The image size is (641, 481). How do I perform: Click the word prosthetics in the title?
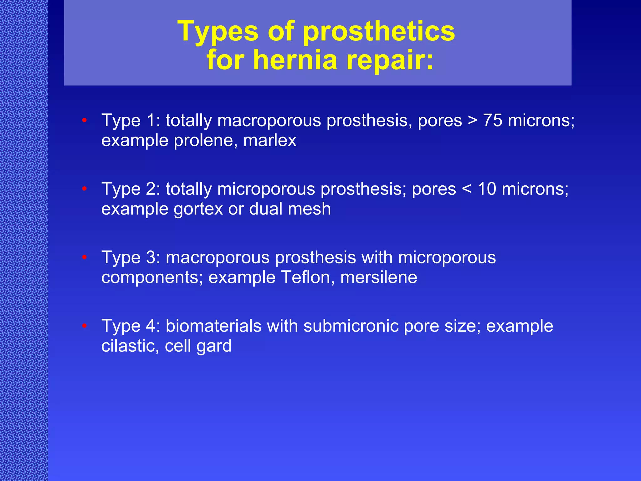pyautogui.click(x=379, y=32)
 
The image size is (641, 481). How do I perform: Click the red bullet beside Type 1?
pyautogui.click(x=84, y=120)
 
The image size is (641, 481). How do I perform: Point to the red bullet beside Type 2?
pyautogui.click(x=84, y=189)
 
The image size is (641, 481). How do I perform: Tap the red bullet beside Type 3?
pyautogui.click(x=84, y=257)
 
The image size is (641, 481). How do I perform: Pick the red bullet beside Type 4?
pyautogui.click(x=84, y=326)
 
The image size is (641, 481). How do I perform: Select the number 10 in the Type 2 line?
pyautogui.click(x=487, y=189)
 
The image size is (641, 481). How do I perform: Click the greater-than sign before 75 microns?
pyautogui.click(x=472, y=121)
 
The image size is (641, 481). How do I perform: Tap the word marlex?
pyautogui.click(x=269, y=140)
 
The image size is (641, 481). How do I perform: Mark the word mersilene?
pyautogui.click(x=378, y=277)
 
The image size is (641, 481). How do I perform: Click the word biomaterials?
pyautogui.click(x=213, y=326)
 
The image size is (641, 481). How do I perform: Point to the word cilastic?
pyautogui.click(x=130, y=346)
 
